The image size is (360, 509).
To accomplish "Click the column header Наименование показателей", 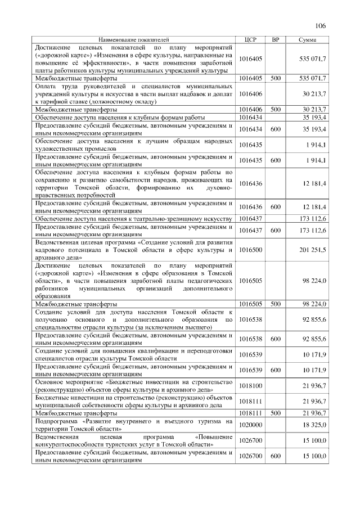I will tap(133, 40).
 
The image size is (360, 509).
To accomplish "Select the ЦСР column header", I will tap(251, 40).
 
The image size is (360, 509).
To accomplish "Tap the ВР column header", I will tap(275, 40).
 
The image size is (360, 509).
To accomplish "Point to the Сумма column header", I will tap(307, 40).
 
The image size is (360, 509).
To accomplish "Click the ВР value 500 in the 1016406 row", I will tap(275, 109).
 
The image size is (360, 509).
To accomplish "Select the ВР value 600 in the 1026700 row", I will tap(275, 456).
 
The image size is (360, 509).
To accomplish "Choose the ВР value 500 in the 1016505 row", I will tap(275, 304).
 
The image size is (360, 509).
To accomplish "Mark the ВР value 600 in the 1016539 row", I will tap(275, 370).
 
